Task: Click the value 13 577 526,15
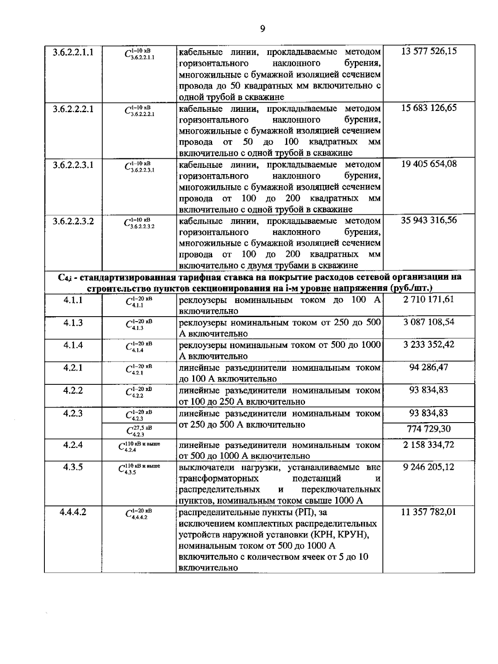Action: [x=429, y=52]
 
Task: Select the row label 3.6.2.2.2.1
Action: [x=73, y=109]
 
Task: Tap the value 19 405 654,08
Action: [x=429, y=164]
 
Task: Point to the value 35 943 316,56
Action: [x=429, y=220]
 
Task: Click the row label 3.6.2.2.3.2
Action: [x=73, y=221]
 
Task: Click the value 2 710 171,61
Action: [x=429, y=299]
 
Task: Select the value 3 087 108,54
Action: [x=429, y=322]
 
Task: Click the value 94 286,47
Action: [x=429, y=367]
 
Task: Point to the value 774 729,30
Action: [x=429, y=429]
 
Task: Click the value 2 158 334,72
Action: [x=429, y=445]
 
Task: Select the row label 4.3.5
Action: [x=73, y=467]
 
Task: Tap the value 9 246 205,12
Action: [x=429, y=467]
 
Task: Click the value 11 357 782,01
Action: [x=429, y=512]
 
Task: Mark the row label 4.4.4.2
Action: [x=73, y=512]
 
